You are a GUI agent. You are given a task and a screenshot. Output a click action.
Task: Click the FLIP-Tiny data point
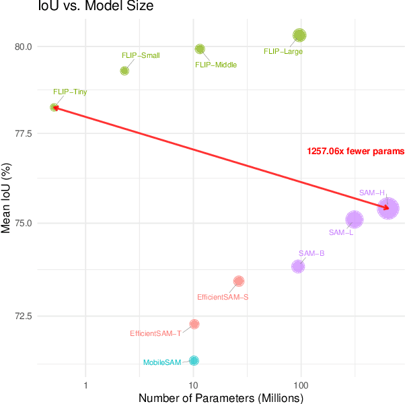[x=54, y=107]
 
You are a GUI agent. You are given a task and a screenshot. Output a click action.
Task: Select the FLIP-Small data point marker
[x=124, y=71]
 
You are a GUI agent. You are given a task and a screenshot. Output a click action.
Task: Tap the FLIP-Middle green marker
[x=200, y=48]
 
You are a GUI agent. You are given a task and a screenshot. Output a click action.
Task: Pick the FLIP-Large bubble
[x=299, y=35]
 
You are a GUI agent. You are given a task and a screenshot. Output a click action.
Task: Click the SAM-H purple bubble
[x=388, y=209]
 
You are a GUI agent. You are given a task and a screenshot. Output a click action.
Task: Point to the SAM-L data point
[x=355, y=220]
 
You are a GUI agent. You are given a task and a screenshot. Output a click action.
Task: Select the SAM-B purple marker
[x=298, y=266]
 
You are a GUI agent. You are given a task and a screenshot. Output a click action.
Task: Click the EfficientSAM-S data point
[x=239, y=281]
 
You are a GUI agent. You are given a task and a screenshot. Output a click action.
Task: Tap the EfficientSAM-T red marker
[x=194, y=324]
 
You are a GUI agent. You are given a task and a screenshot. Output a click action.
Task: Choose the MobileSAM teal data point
[x=194, y=360]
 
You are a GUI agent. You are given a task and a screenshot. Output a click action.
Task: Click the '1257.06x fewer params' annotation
[x=355, y=151]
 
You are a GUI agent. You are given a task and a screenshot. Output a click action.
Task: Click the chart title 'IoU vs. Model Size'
[x=77, y=7]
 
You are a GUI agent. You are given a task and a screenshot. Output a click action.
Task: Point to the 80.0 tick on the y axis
[x=23, y=46]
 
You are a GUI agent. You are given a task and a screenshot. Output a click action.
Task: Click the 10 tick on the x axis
[x=193, y=385]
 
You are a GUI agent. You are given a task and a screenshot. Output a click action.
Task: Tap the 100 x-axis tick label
[x=301, y=385]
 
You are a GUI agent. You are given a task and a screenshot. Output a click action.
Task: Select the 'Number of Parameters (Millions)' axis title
[x=221, y=398]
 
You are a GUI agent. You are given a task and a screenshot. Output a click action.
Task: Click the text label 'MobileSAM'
[x=163, y=362]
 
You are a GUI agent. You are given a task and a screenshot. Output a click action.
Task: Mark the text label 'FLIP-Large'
[x=283, y=51]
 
